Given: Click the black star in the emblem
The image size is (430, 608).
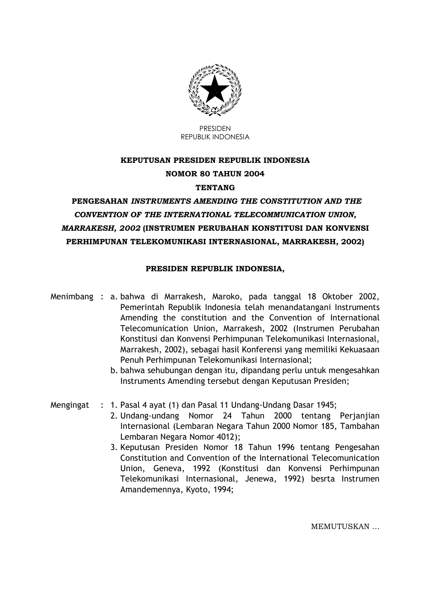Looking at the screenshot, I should pos(215,89).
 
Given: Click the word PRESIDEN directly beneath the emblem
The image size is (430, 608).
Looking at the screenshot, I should pos(215,129).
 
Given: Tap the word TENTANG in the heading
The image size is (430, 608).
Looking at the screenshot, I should pos(215,188).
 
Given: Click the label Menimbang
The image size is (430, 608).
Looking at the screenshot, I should pos(72,297).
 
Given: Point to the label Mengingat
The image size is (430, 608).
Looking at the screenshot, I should pos(70,405).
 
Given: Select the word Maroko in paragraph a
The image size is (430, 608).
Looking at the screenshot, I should pos(225,297).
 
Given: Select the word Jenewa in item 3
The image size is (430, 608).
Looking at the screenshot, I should pos(259,479).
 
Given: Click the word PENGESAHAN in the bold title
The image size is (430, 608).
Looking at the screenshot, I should pos(100,201).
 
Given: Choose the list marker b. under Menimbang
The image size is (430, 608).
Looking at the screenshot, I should pos(114,370).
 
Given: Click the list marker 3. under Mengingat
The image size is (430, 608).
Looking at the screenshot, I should pos(114,447).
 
